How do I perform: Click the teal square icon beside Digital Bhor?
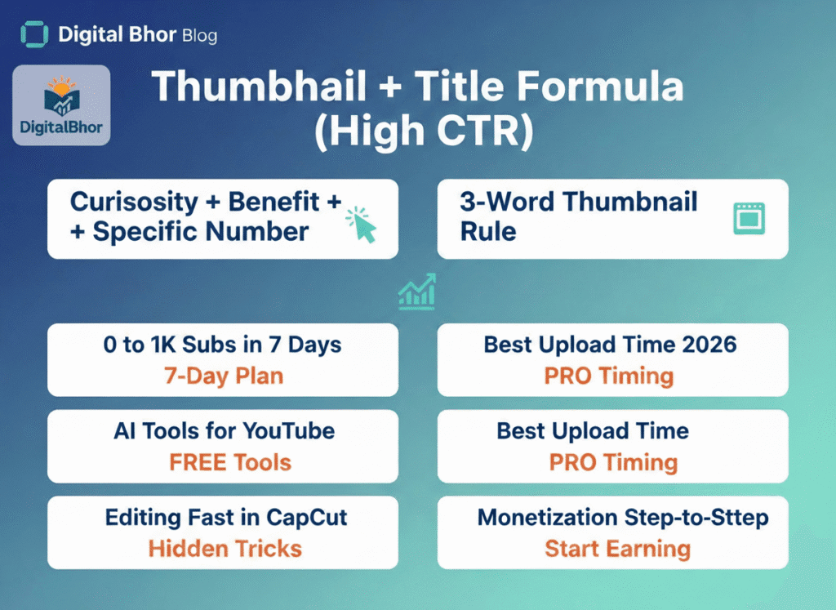pyautogui.click(x=34, y=35)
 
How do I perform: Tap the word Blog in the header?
pyautogui.click(x=201, y=36)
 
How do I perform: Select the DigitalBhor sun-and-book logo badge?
pyautogui.click(x=62, y=105)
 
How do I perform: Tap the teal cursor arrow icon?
pyautogui.click(x=362, y=225)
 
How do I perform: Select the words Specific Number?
pyautogui.click(x=201, y=231)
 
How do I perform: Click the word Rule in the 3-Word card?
pyautogui.click(x=488, y=231)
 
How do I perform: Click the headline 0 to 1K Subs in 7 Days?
pyautogui.click(x=222, y=344)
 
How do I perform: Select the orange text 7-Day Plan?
pyautogui.click(x=222, y=376)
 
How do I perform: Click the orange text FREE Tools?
pyautogui.click(x=229, y=462)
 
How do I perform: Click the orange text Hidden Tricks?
pyautogui.click(x=225, y=549)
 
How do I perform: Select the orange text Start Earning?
pyautogui.click(x=617, y=549)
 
